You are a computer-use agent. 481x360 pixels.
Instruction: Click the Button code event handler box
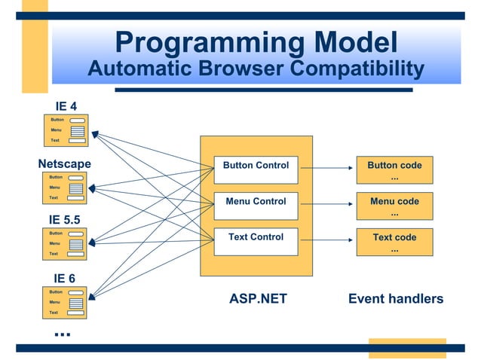click(x=394, y=170)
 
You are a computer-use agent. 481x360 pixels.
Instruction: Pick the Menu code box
click(x=394, y=206)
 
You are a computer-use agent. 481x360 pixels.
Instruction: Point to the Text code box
click(x=394, y=242)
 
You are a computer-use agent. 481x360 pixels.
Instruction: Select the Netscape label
click(x=64, y=163)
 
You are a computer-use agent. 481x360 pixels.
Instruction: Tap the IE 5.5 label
click(x=65, y=220)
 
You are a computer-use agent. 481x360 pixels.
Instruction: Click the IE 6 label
click(x=63, y=278)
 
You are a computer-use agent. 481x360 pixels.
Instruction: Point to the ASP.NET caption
click(x=258, y=299)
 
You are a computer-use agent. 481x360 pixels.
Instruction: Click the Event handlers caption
click(x=396, y=299)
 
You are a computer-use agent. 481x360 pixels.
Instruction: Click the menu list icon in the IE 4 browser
click(x=77, y=130)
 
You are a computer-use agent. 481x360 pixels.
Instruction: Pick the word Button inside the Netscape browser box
click(x=56, y=177)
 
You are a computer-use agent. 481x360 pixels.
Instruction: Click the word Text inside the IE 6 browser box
click(x=54, y=312)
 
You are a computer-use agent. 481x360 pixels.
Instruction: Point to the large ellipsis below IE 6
click(x=62, y=332)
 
